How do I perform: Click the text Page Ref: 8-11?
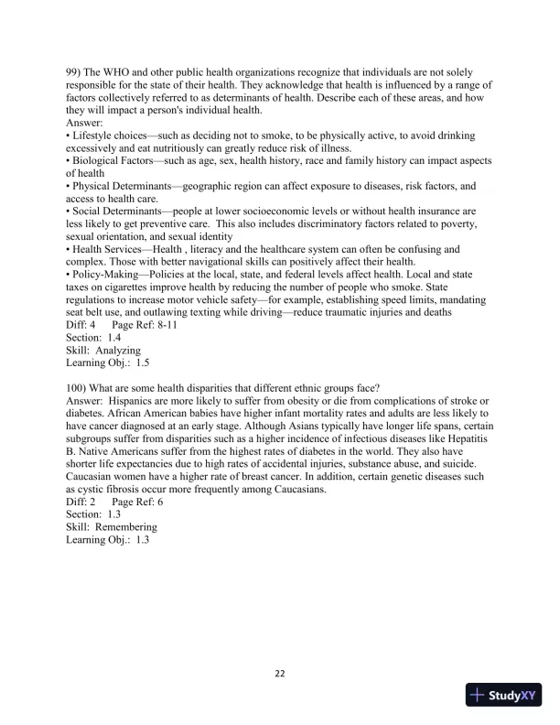pyautogui.click(x=145, y=325)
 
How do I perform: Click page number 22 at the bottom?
pyautogui.click(x=280, y=675)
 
